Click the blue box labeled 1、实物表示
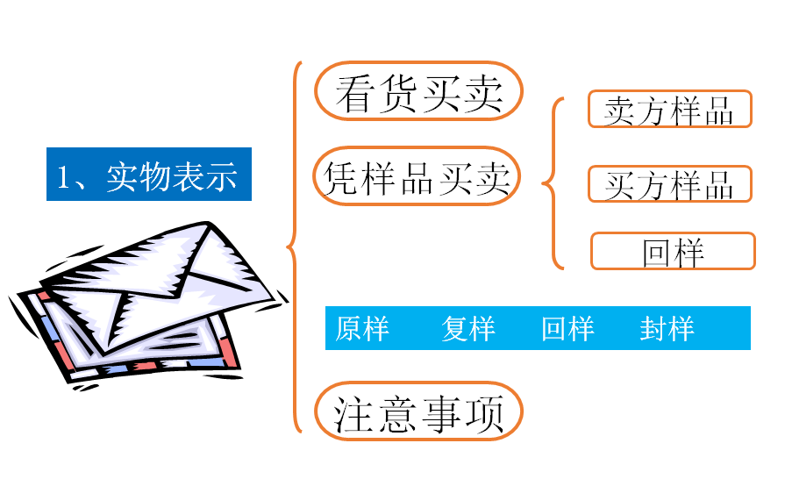148,175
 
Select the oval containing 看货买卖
418,91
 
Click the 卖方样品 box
669,110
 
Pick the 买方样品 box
669,184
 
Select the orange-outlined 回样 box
673,251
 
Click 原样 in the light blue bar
361,329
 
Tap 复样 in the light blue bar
468,329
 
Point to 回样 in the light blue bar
567,329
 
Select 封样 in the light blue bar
667,329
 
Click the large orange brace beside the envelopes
294,246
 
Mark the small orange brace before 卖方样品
552,184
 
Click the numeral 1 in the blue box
63,176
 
